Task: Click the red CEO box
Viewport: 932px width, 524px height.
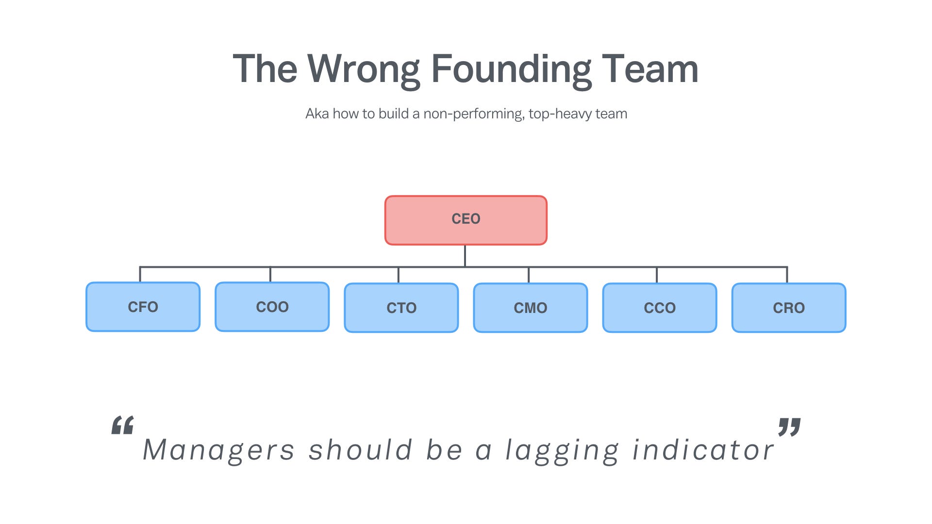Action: point(466,220)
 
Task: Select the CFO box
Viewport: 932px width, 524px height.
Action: point(143,307)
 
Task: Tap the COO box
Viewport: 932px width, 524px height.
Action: point(272,307)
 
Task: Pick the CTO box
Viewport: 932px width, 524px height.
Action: point(401,308)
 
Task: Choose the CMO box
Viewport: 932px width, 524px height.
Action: point(530,308)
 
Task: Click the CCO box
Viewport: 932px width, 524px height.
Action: point(659,308)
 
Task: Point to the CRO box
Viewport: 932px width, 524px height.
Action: point(788,308)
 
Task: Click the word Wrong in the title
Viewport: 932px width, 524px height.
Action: point(364,69)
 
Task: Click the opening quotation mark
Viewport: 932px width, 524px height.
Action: point(122,426)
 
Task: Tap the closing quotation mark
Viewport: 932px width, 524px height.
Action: point(789,427)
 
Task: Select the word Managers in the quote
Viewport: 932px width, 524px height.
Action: point(218,450)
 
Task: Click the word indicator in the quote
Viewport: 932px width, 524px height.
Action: point(703,449)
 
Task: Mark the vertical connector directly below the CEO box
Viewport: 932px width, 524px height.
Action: point(465,256)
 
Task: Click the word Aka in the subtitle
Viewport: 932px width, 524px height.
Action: point(317,114)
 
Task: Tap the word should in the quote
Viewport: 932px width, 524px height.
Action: point(360,449)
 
